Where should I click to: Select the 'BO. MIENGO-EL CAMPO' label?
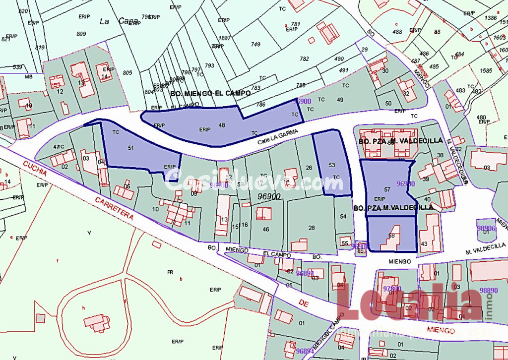[x=210, y=93]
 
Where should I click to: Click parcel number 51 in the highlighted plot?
[x=130, y=148]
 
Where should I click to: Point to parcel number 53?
[x=332, y=165]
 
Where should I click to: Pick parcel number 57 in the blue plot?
[x=387, y=189]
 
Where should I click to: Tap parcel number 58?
[x=392, y=236]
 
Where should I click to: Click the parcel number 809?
[x=81, y=34]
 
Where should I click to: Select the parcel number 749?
[x=255, y=45]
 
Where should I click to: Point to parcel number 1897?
[x=225, y=38]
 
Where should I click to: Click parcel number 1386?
[x=491, y=18]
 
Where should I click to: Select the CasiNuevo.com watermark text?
[x=253, y=180]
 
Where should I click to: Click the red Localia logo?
[x=407, y=303]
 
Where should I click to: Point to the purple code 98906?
[x=486, y=229]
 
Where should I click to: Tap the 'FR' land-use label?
[x=170, y=272]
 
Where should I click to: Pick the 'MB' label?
[x=29, y=77]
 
